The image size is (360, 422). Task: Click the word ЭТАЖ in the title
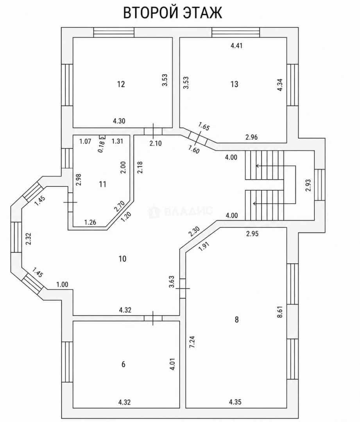pos(202,13)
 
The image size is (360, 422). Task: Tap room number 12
pos(121,84)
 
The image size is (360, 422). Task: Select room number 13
pos(234,84)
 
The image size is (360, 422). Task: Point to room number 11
pos(102,184)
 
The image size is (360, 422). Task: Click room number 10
pos(122,259)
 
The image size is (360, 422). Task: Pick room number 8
pos(237,320)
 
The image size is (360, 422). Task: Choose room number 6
pos(123,365)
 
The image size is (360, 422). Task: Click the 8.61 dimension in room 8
pos(280,312)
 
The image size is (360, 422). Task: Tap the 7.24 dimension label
pos(192,342)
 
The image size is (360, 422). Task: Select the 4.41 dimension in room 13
pos(236,46)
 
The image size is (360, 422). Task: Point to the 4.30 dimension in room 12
pos(119,121)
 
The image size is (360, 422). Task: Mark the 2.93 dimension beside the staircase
pos(308,186)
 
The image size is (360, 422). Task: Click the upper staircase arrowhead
pos(257,166)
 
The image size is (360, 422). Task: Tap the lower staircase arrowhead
pos(254,204)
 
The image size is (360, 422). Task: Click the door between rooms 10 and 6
pos(153,318)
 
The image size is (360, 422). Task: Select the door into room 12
pos(153,131)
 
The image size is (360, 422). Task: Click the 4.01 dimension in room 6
pos(173,364)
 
